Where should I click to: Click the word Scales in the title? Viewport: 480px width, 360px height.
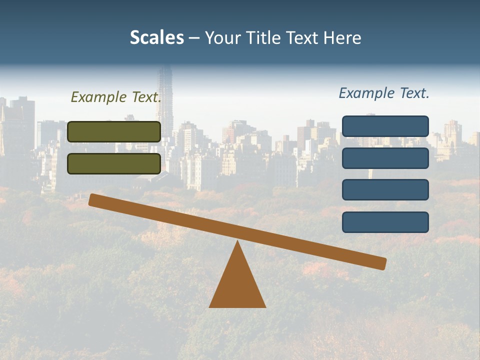(x=157, y=38)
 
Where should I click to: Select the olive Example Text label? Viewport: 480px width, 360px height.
(x=116, y=97)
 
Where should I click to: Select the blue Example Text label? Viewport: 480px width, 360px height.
(x=384, y=93)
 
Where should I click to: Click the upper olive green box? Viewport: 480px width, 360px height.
(x=114, y=131)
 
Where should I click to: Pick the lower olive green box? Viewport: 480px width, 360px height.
(x=114, y=163)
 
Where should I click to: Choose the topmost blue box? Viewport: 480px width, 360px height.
(x=385, y=126)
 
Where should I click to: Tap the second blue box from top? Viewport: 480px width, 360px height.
(x=385, y=158)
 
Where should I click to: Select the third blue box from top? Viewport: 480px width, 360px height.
(x=385, y=190)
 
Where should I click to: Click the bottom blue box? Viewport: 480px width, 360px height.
(x=385, y=222)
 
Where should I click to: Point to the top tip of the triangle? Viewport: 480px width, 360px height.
(x=237, y=242)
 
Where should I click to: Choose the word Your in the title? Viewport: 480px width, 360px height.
(x=222, y=38)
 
